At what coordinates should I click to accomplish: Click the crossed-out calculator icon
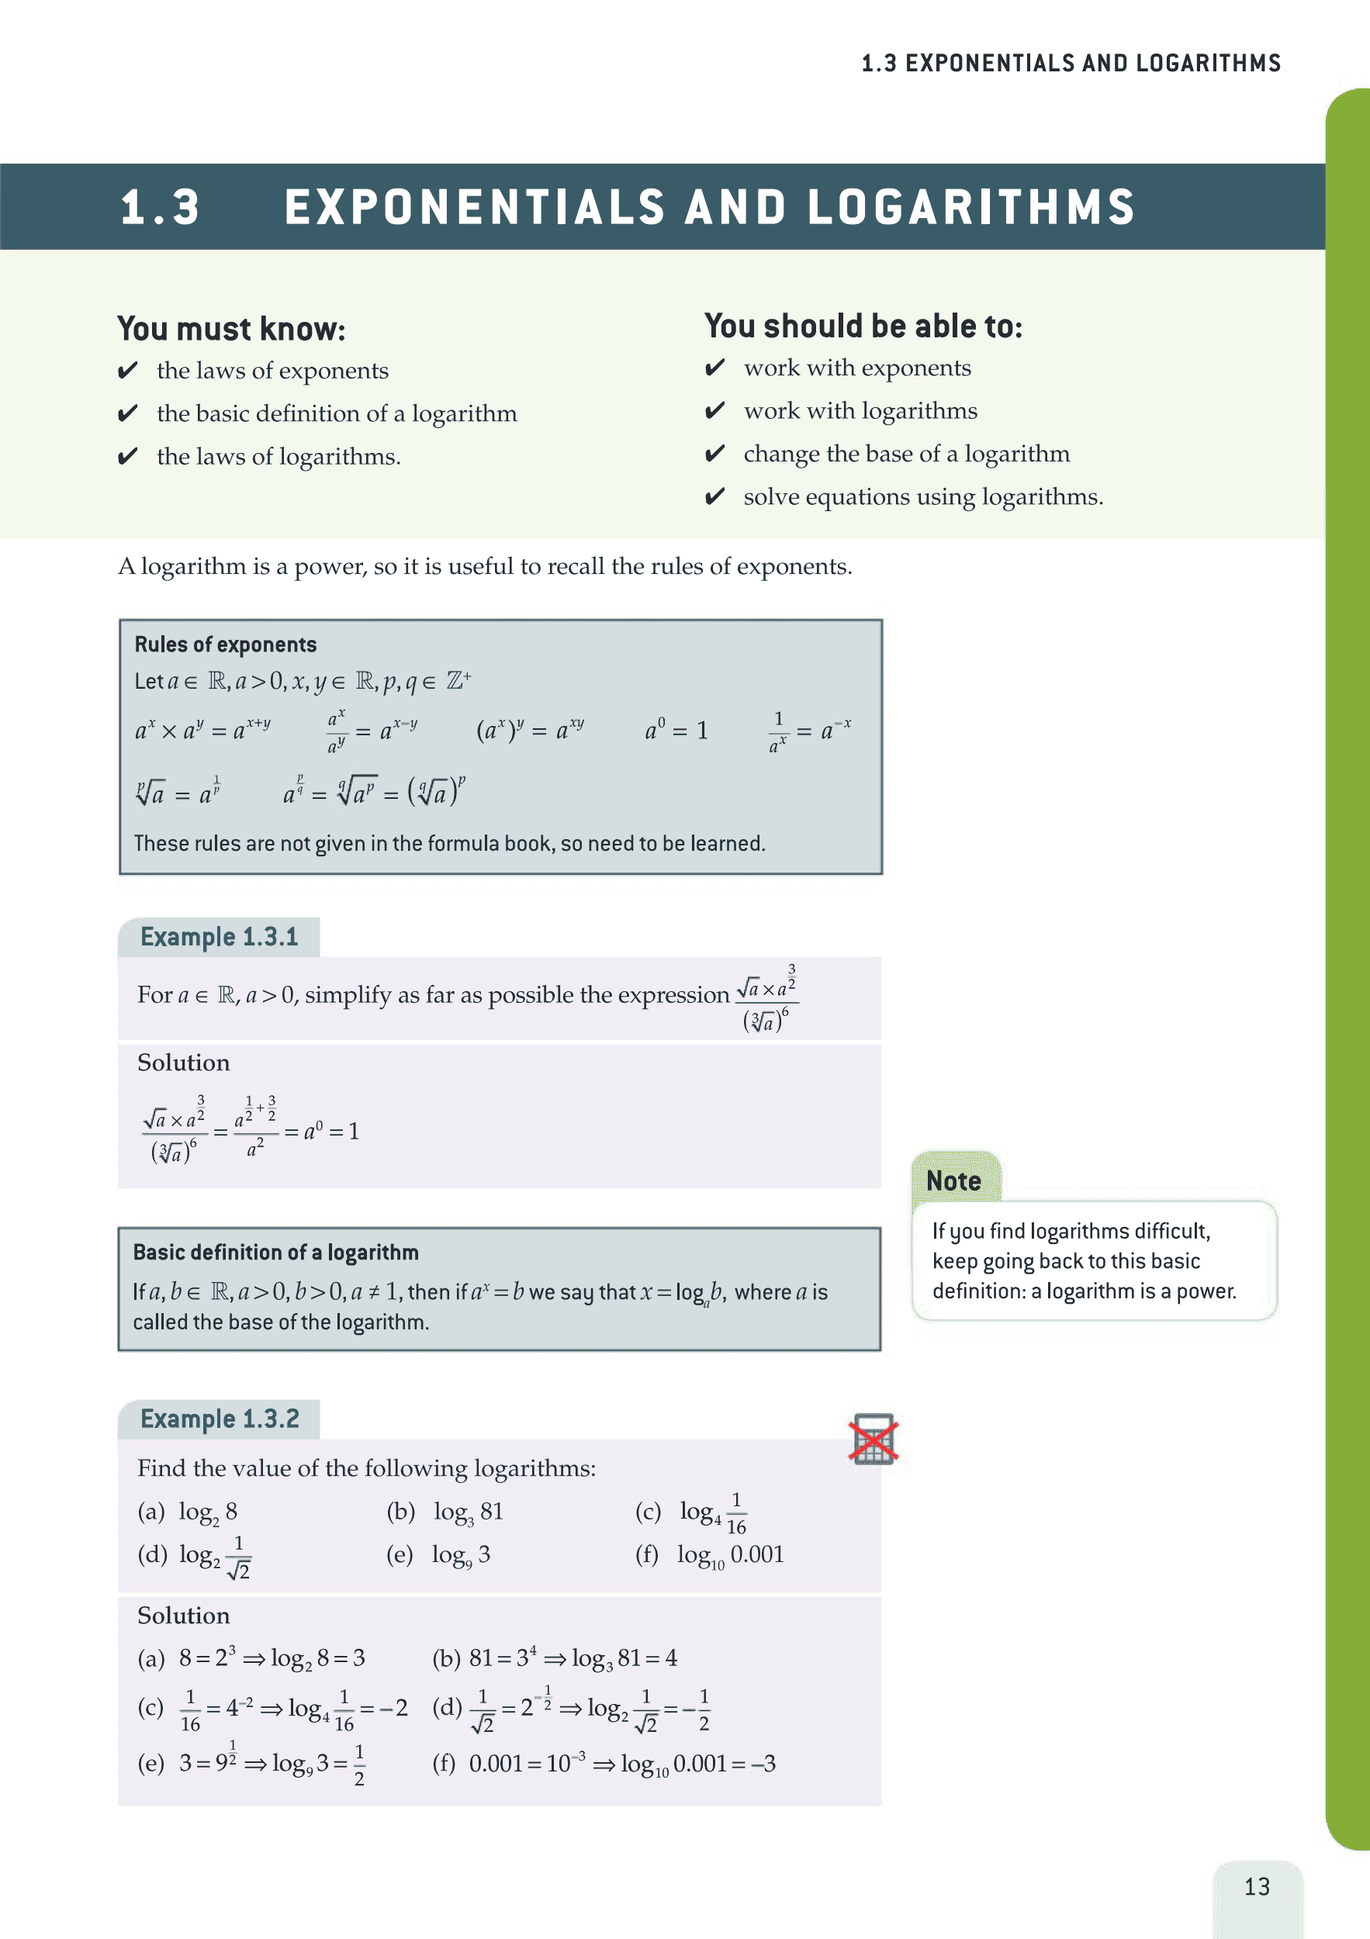(874, 1439)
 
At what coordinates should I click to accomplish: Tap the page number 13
(1257, 1886)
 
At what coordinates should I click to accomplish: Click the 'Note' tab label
(953, 1180)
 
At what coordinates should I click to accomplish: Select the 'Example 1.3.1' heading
(219, 938)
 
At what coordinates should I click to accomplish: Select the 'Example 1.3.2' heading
(220, 1419)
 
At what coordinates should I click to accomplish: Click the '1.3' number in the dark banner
(161, 208)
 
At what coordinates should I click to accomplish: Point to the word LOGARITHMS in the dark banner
(971, 208)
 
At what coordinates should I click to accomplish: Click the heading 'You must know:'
(231, 330)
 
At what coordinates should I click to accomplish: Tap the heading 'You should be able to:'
(863, 327)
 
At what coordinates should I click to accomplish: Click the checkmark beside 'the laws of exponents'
(127, 370)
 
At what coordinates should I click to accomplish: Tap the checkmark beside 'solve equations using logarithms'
(714, 496)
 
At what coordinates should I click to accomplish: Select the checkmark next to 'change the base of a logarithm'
(714, 454)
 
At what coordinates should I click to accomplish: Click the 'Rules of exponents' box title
(226, 645)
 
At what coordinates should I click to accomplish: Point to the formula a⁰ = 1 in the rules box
(676, 731)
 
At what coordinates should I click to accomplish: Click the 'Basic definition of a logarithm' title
(275, 1252)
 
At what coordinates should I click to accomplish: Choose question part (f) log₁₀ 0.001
(730, 1555)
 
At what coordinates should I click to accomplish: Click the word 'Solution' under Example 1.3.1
(183, 1063)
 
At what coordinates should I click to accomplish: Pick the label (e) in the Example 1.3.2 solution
(151, 1764)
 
